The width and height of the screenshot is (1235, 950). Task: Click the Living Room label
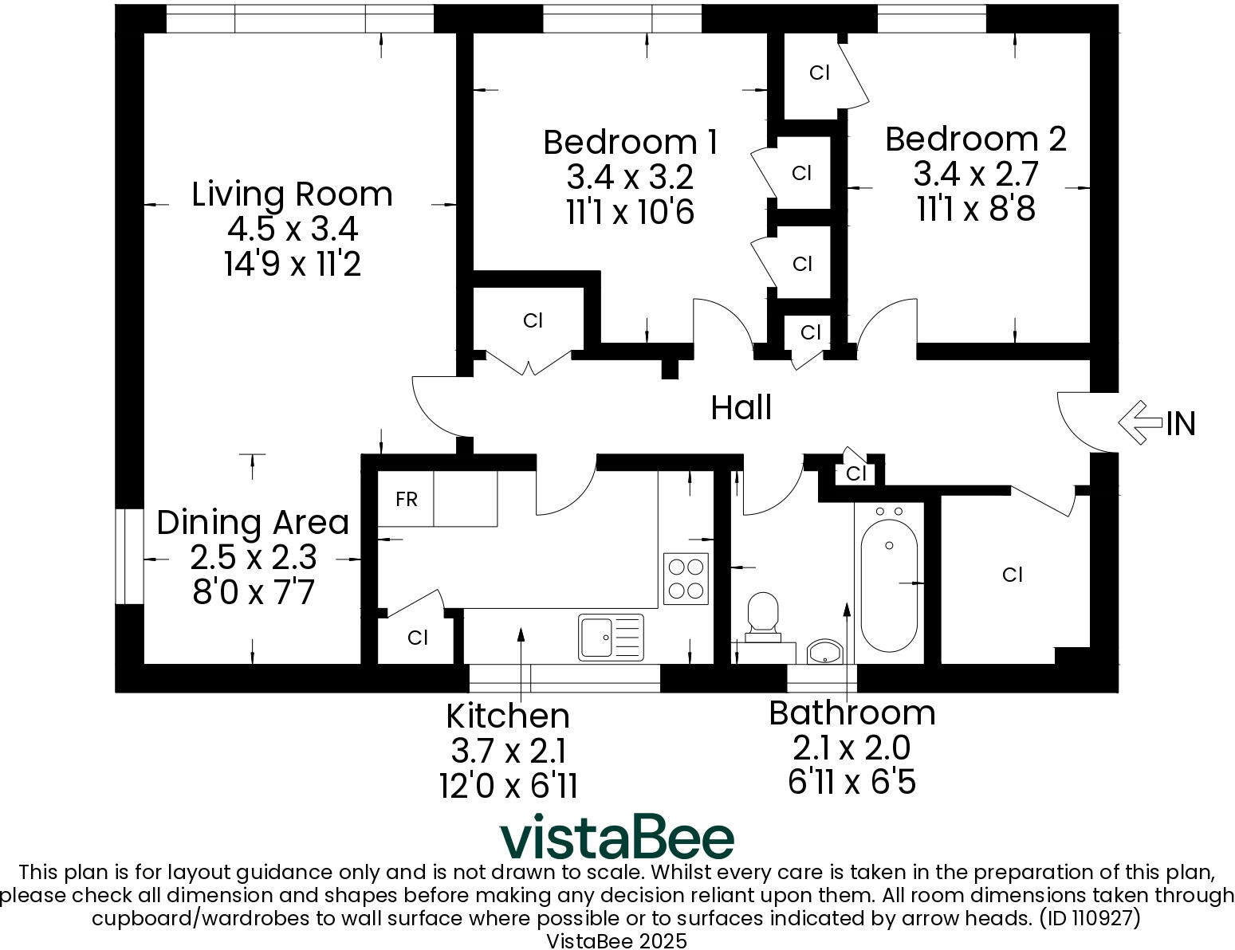[292, 194]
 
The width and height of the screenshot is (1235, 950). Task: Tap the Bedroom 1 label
[630, 142]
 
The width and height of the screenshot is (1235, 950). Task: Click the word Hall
[741, 407]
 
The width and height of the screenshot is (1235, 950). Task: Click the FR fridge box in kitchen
[406, 500]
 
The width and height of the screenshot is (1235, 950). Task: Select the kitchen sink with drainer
[610, 637]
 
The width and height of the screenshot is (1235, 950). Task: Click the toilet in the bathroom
[763, 617]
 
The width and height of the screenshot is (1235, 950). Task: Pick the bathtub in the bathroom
[888, 583]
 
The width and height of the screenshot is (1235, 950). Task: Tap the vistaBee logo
[616, 837]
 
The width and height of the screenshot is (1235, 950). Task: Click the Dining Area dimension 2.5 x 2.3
[253, 557]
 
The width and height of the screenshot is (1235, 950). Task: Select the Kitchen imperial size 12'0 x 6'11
[508, 786]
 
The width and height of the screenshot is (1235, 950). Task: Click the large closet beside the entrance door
[1012, 575]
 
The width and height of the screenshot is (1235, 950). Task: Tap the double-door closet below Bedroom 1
[532, 320]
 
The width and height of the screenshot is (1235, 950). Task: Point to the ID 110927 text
[1090, 918]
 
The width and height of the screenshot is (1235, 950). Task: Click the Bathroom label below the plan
[852, 712]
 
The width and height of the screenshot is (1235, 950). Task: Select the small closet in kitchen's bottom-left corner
[417, 638]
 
